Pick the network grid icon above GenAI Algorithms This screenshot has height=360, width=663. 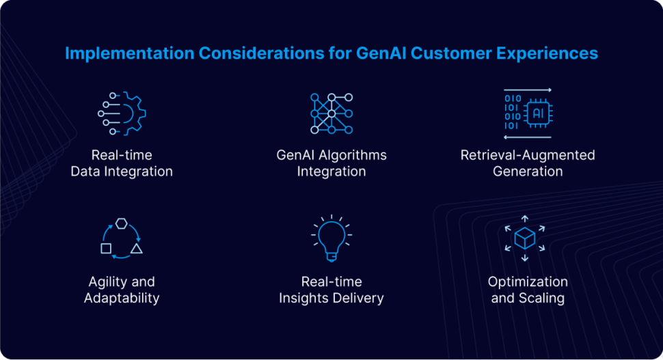pyautogui.click(x=331, y=113)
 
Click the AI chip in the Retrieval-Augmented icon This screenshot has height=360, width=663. pyautogui.click(x=538, y=113)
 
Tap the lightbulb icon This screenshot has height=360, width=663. pyautogui.click(x=331, y=236)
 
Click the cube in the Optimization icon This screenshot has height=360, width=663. pyautogui.click(x=524, y=238)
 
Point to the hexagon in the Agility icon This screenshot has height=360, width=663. pyautogui.click(x=121, y=223)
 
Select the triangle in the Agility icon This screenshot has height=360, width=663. pyautogui.click(x=136, y=248)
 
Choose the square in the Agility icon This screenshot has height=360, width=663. pyautogui.click(x=106, y=248)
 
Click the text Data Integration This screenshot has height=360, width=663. pyautogui.click(x=122, y=171)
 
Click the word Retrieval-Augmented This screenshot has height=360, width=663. pyautogui.click(x=528, y=155)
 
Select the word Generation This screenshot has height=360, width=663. pyautogui.click(x=528, y=171)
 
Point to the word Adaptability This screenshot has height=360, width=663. pyautogui.click(x=122, y=299)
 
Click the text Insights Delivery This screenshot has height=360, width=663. pyautogui.click(x=331, y=299)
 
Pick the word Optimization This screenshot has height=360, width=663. pyautogui.click(x=528, y=281)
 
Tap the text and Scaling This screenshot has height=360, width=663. pyautogui.click(x=528, y=299)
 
